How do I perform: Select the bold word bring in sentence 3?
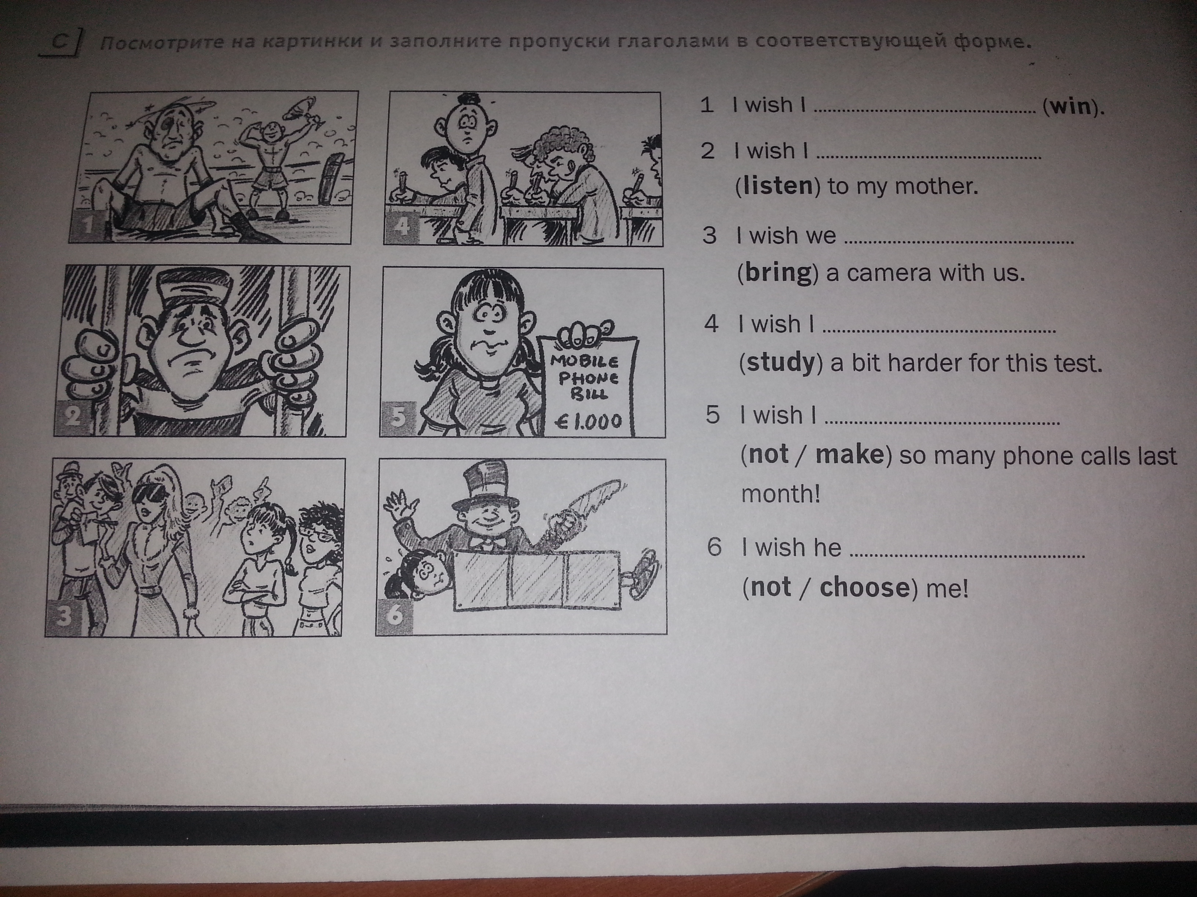coord(780,273)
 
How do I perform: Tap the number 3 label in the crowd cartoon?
coord(64,616)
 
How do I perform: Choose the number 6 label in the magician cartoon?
coord(395,615)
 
